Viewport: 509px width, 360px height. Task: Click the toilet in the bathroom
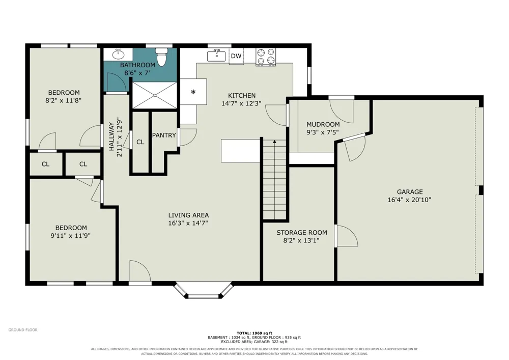click(161, 57)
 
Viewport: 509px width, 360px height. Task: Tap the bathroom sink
click(118, 54)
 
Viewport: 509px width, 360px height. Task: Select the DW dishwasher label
click(236, 56)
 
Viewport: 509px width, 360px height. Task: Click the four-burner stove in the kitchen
click(266, 57)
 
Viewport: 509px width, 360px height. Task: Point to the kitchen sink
click(216, 56)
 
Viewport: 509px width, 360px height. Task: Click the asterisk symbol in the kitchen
click(193, 92)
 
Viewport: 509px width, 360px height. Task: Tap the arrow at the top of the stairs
click(275, 142)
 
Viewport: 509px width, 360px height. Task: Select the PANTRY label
click(164, 135)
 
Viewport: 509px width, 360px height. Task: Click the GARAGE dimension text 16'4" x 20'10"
click(409, 200)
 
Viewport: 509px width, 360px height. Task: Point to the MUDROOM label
click(323, 124)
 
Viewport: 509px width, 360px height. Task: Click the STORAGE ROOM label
click(301, 232)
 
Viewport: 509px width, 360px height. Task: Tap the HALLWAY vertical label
click(111, 136)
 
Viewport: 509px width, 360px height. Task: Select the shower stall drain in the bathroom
click(155, 95)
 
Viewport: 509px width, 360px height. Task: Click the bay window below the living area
click(204, 291)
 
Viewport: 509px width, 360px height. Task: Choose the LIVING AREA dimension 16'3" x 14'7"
click(188, 223)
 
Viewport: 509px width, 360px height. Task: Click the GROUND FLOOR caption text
click(23, 330)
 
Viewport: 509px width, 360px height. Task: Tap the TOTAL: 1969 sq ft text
click(254, 333)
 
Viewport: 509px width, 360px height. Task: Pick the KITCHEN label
click(241, 95)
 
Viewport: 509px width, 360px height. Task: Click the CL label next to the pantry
click(140, 142)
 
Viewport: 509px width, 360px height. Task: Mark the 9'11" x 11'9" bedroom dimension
click(70, 236)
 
